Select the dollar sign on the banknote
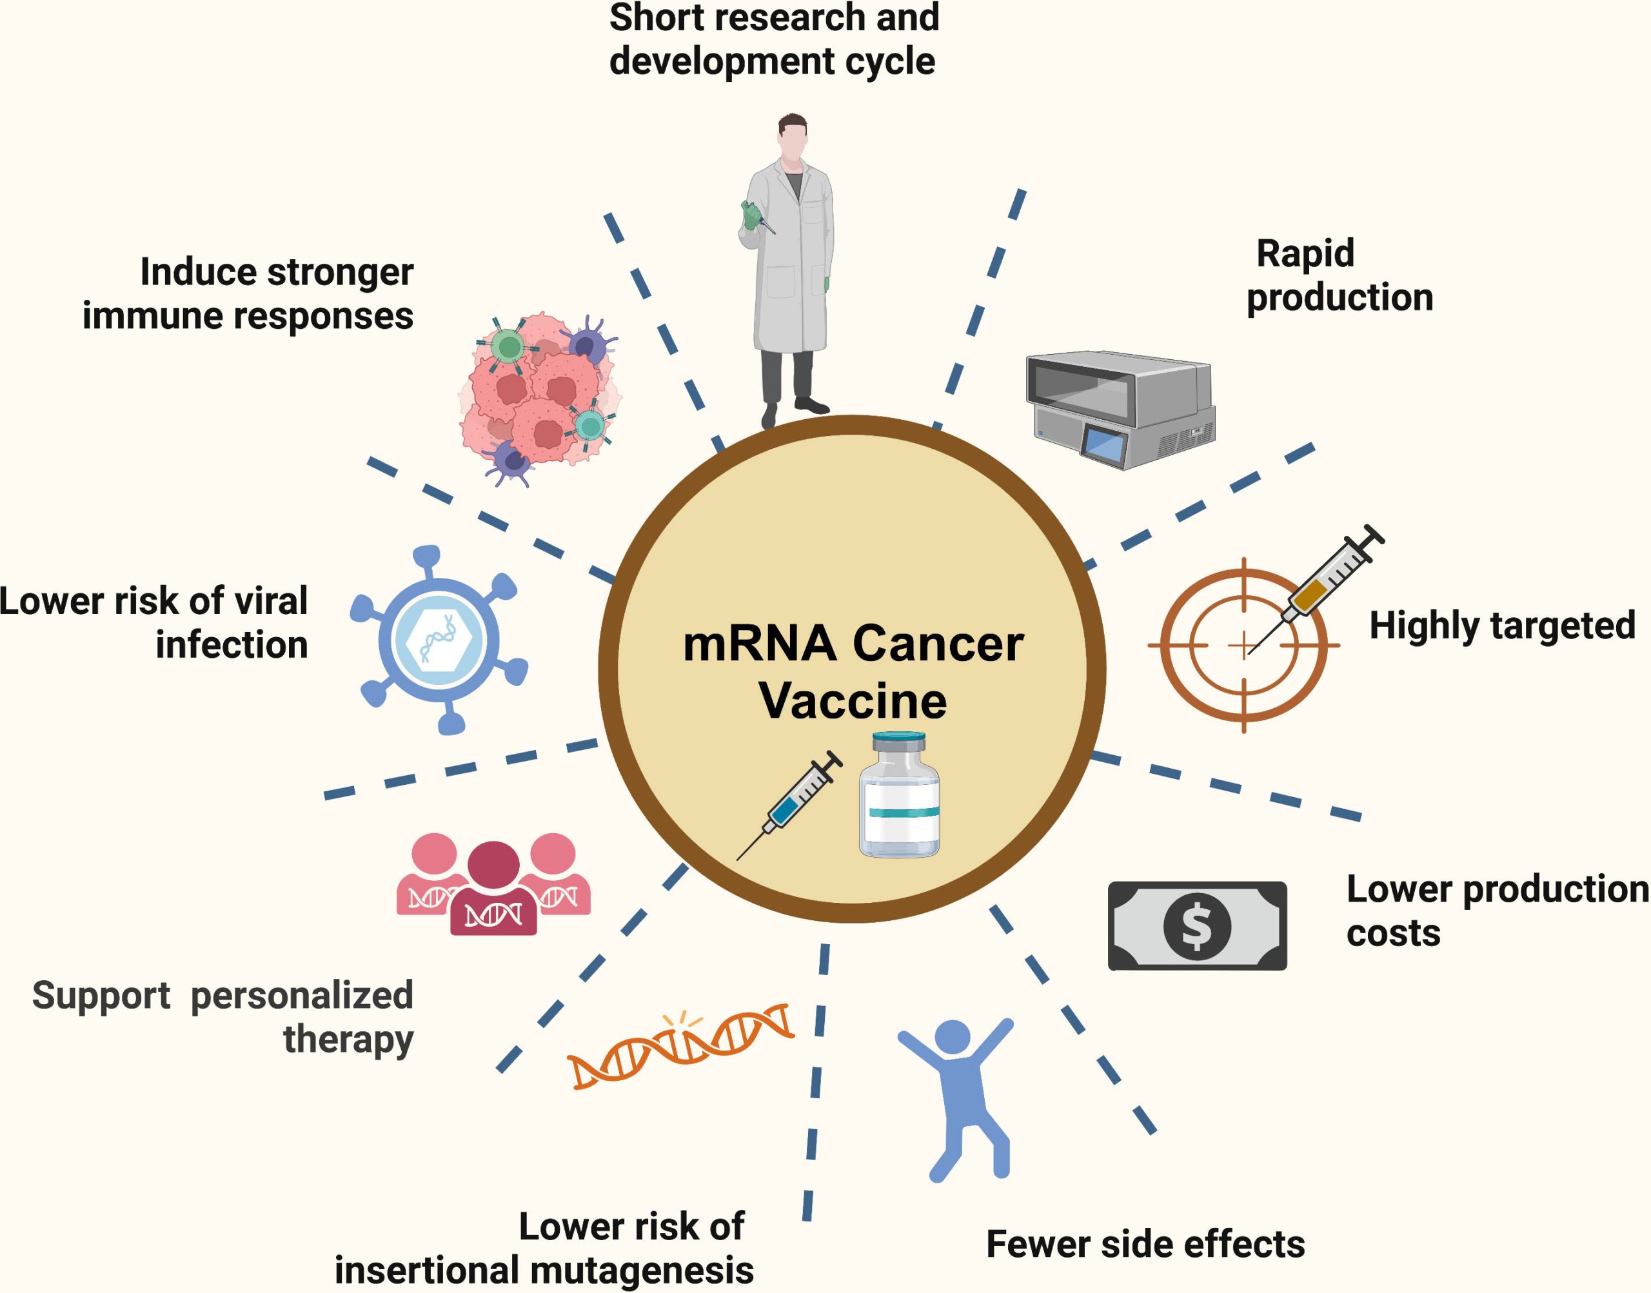pos(1196,925)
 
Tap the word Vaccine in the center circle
pos(853,701)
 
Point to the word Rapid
pos(1305,253)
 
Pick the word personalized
pos(301,996)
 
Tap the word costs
pos(1393,933)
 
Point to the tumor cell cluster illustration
pos(539,397)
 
